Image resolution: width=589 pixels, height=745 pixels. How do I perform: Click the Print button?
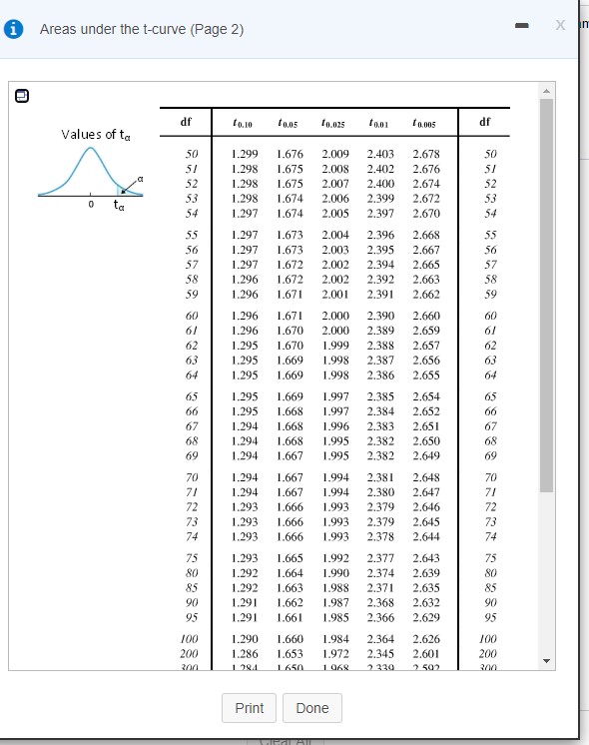click(250, 708)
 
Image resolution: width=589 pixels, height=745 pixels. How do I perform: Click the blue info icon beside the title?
click(17, 29)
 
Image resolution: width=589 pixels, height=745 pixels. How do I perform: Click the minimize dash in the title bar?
click(516, 27)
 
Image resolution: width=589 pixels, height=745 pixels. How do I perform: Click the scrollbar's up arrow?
click(546, 91)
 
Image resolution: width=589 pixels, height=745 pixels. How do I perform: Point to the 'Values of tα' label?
click(95, 135)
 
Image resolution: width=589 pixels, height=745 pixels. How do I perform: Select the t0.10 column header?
click(244, 124)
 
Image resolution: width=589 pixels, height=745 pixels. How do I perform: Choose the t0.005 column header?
click(425, 124)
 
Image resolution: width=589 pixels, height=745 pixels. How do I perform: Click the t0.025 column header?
click(336, 124)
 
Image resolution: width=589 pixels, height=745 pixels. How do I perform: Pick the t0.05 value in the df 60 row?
click(290, 315)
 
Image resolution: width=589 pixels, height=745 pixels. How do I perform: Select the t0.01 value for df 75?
click(380, 556)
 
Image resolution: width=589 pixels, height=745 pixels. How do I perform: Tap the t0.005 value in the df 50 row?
click(425, 156)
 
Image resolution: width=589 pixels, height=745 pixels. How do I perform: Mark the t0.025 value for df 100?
click(336, 638)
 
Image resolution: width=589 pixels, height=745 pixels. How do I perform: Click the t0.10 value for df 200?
click(244, 652)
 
